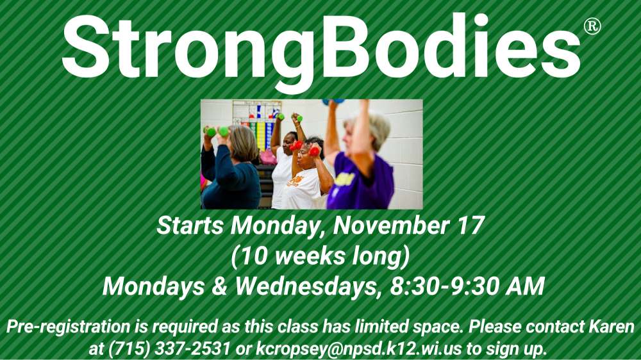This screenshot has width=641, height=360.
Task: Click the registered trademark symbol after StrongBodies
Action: point(592,26)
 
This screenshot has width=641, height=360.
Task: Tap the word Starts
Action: point(191,226)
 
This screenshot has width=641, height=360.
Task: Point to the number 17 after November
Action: point(469,226)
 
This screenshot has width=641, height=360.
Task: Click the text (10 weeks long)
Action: point(320,256)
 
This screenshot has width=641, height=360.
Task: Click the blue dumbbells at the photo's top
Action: point(334,102)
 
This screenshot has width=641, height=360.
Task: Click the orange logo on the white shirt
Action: point(296,181)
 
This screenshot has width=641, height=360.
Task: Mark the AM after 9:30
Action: point(522,286)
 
